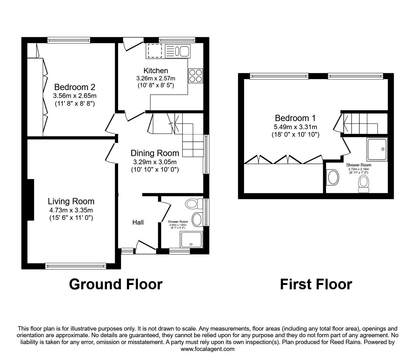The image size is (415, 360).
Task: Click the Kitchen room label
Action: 156,71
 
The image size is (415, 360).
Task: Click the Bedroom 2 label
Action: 75,87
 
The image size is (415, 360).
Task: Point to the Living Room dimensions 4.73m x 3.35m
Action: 71,210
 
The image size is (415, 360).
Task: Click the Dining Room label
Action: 155,153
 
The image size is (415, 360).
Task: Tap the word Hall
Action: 138,222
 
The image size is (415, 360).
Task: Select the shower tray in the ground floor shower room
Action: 191,239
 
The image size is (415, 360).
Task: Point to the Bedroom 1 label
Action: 295,118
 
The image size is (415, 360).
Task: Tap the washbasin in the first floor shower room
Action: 332,177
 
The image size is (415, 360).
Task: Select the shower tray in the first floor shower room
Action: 377,150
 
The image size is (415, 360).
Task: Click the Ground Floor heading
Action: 116,284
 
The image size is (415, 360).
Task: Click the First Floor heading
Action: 316,284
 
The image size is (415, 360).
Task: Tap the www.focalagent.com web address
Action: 207,349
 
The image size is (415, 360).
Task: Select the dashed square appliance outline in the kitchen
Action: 155,51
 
